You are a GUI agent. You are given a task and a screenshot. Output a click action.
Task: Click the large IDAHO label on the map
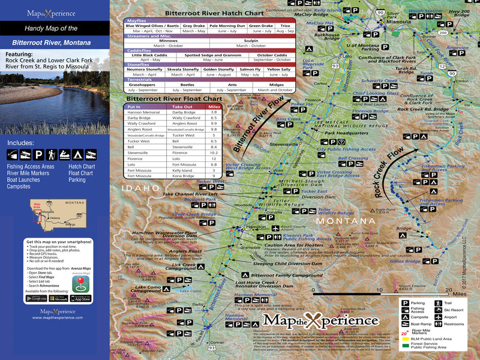140,188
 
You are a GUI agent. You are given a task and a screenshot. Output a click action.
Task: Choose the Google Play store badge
37,298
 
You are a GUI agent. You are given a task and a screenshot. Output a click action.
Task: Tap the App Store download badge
80,298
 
